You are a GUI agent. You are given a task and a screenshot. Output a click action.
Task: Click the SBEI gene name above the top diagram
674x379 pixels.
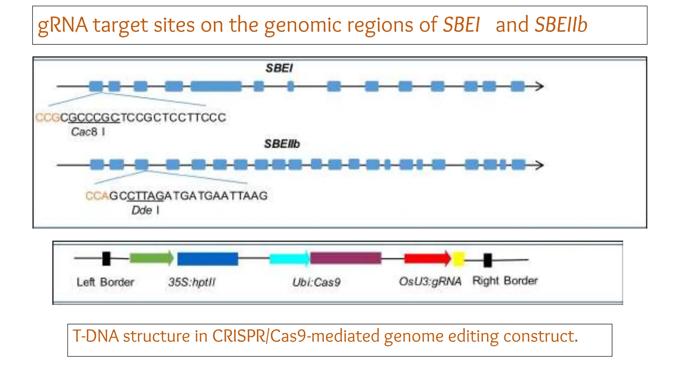coord(279,68)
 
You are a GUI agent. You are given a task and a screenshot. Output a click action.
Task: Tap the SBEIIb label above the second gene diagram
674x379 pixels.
coord(282,144)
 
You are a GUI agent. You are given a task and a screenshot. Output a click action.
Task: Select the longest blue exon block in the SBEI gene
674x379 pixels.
coord(216,87)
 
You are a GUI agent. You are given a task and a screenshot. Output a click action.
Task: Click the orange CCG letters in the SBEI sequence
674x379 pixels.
coord(47,117)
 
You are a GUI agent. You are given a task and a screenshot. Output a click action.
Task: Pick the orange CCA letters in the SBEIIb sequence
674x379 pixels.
coord(97,196)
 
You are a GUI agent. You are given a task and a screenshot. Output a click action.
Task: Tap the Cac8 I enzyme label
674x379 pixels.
coord(88,132)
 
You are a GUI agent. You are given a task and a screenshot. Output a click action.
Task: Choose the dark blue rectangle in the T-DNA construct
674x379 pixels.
coord(207,259)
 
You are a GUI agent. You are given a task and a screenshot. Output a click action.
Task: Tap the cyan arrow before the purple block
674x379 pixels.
coord(289,258)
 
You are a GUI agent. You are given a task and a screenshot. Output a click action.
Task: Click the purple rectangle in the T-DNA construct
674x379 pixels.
coord(346,258)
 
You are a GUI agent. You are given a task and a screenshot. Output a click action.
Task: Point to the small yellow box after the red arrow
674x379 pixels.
coord(458,259)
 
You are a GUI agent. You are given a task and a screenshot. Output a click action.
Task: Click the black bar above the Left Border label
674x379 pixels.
coord(106,259)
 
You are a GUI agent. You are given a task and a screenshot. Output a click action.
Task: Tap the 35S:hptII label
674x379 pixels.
coord(192,282)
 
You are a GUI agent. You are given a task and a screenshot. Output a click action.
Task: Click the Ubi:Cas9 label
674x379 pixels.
coord(316,282)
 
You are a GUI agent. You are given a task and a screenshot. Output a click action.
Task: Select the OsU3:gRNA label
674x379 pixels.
coord(430,281)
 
